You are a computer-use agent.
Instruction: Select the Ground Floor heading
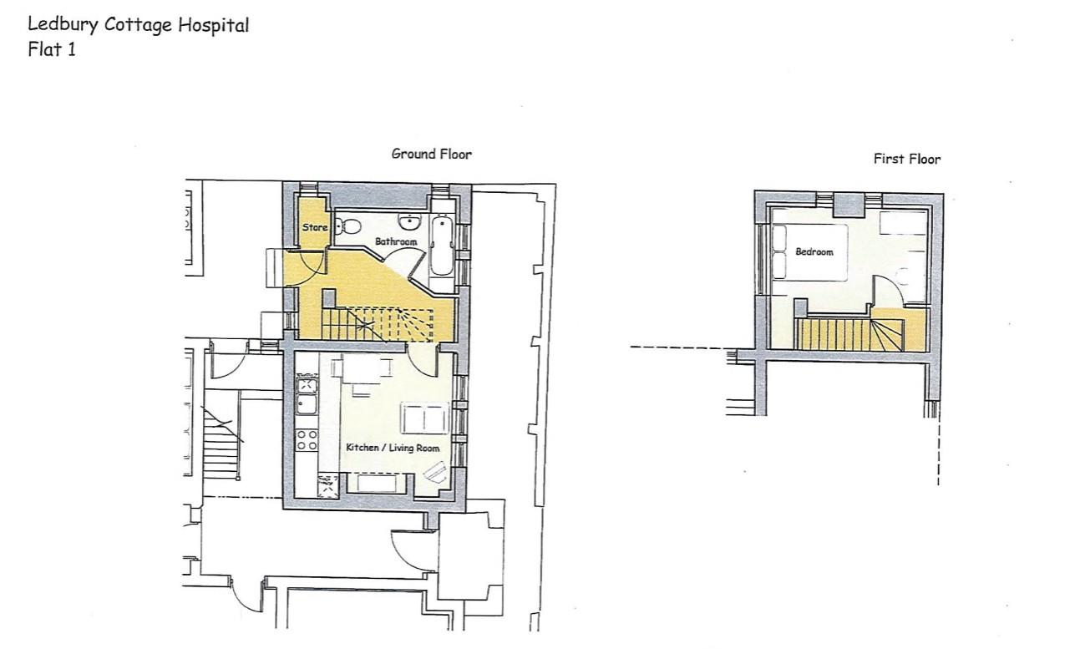click(x=431, y=154)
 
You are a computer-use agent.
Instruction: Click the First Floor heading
click(x=906, y=159)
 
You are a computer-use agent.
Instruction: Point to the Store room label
click(x=314, y=227)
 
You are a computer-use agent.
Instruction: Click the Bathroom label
click(x=395, y=242)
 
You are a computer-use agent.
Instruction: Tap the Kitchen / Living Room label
click(x=393, y=449)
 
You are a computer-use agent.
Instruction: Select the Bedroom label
click(x=814, y=251)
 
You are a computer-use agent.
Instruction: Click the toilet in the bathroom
click(x=348, y=226)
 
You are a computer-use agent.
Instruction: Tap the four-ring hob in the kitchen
click(x=307, y=439)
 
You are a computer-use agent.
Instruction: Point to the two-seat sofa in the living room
click(x=424, y=417)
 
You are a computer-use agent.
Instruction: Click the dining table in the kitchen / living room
click(x=363, y=370)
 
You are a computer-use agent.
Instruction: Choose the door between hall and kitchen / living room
click(x=423, y=359)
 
